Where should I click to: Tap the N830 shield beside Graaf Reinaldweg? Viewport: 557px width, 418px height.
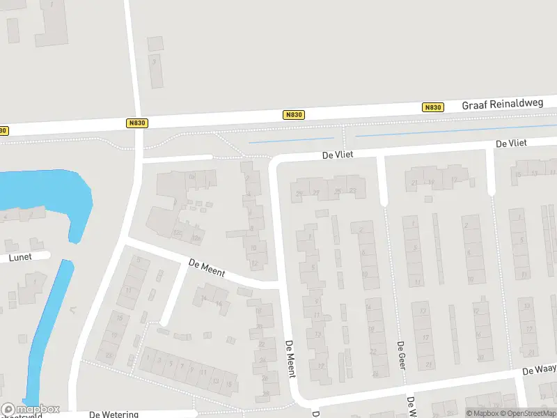(x=432, y=107)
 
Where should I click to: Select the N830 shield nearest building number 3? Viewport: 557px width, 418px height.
(x=138, y=123)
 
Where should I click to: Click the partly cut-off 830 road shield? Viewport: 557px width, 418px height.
(x=4, y=130)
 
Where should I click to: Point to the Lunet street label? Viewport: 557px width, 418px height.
(x=20, y=257)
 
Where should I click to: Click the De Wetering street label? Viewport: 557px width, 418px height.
(x=115, y=414)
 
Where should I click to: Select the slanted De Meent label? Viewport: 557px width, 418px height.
(x=207, y=267)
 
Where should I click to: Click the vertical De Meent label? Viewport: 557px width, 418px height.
(x=291, y=359)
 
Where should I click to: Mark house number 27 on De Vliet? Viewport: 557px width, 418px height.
(x=316, y=192)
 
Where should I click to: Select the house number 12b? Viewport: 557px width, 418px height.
(x=196, y=239)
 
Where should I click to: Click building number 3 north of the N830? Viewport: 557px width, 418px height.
(x=154, y=62)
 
